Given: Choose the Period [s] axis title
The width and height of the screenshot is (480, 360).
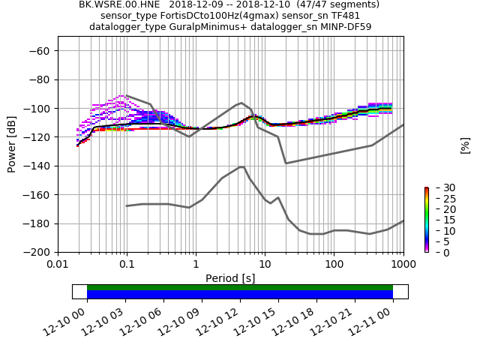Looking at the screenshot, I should click(x=230, y=278).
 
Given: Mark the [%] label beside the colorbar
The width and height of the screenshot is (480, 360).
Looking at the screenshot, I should click(x=465, y=145).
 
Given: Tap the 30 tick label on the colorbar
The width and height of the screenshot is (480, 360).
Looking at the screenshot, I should click(x=439, y=187).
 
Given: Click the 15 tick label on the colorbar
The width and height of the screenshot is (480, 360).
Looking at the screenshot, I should click(x=439, y=220).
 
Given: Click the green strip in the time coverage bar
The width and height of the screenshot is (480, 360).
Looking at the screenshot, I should click(x=240, y=287).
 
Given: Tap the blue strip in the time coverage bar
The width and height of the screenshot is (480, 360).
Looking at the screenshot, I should click(x=240, y=295).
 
